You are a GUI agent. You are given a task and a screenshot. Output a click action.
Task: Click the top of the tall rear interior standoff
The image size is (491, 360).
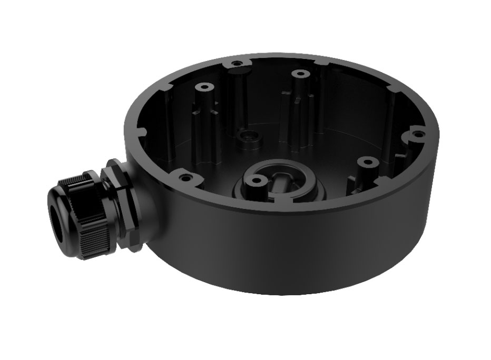click(x=299, y=74)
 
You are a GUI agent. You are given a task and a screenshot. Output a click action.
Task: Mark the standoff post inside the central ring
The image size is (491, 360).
click(x=256, y=181)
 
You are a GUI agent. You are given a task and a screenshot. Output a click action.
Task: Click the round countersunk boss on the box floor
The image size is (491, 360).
click(x=246, y=137)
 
